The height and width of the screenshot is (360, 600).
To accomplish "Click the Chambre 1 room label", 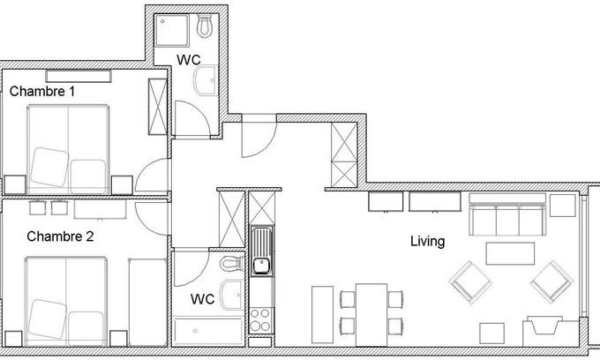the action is pos(42,92).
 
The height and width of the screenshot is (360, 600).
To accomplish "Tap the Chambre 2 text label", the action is pos(60,236).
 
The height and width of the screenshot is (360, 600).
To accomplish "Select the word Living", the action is pos(427,242).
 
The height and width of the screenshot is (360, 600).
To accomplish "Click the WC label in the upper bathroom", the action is pos(188,60).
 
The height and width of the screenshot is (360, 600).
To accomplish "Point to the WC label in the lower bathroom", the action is pos(202,299).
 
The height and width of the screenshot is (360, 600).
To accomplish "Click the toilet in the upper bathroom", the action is pos(205,26).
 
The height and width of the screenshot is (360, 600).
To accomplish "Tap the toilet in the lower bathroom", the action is pos(231,263).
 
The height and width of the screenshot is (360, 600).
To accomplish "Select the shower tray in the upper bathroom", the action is pos(171,30).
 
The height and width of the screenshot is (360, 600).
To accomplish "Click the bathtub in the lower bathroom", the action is pos(208,331).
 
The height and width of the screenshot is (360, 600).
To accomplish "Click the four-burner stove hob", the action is pos(260,320).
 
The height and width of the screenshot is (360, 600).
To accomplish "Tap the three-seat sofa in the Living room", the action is pos(507,215).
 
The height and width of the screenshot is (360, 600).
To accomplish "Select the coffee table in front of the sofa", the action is pos(510,253).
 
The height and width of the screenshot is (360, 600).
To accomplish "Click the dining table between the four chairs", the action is pos(371,315).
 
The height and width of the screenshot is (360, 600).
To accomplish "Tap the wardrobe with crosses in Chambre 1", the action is pos(158,107).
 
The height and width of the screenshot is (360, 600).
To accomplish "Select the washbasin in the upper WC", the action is pos(206,80).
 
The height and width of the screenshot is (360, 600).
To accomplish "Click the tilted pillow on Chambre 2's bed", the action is pos(49,319).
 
